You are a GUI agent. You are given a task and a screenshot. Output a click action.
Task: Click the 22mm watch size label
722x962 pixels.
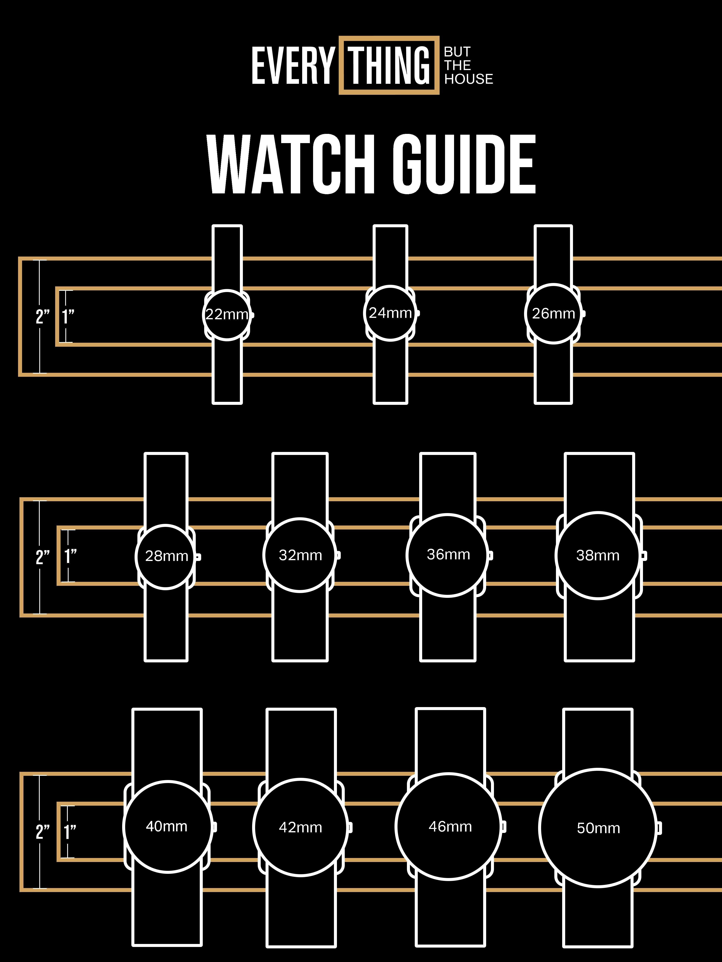pyautogui.click(x=227, y=314)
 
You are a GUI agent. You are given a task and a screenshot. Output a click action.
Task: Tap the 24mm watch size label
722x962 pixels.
pyautogui.click(x=390, y=313)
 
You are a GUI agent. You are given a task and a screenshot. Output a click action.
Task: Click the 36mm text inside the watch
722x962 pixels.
pyautogui.click(x=448, y=555)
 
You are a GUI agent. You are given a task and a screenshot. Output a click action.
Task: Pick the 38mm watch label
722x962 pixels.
pyautogui.click(x=597, y=555)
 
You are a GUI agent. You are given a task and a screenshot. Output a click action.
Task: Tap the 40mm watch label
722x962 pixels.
pyautogui.click(x=167, y=826)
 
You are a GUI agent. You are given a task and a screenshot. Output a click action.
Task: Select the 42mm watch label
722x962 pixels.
pyautogui.click(x=300, y=827)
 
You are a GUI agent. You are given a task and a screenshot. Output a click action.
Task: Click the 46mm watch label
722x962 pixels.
pyautogui.click(x=450, y=826)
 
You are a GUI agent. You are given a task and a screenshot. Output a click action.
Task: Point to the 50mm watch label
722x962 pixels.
pyautogui.click(x=598, y=828)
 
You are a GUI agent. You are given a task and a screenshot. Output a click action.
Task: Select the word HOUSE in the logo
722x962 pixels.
pyautogui.click(x=469, y=79)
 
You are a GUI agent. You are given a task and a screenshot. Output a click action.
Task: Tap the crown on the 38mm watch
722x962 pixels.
pyautogui.click(x=644, y=555)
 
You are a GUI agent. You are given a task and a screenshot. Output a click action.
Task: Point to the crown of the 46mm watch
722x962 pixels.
pyautogui.click(x=504, y=826)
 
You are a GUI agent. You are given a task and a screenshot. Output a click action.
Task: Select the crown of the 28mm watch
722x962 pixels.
pyautogui.click(x=198, y=557)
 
